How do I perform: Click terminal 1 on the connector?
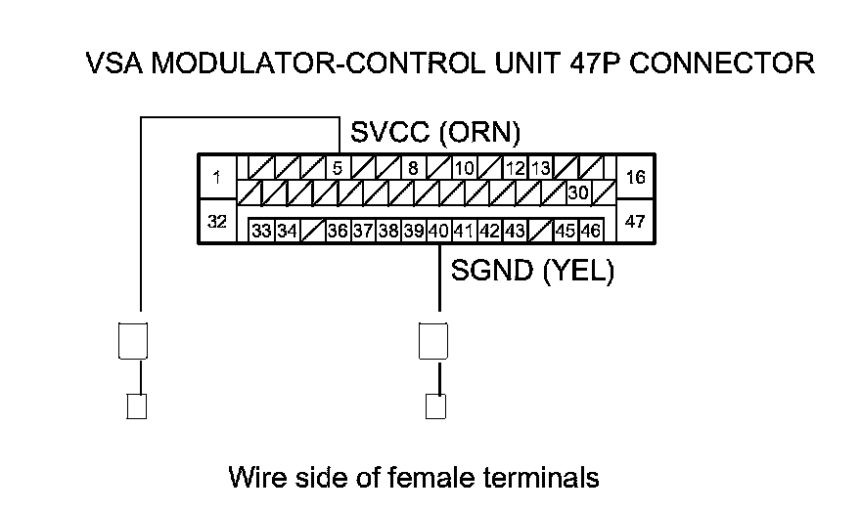[x=216, y=177]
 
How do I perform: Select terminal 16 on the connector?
[x=635, y=177]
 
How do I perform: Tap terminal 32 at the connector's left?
[x=216, y=222]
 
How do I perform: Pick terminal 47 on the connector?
[x=635, y=222]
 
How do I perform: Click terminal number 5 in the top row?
[x=338, y=167]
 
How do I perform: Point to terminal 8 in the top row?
[x=414, y=167]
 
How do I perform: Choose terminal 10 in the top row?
[x=464, y=167]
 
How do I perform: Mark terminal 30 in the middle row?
[x=577, y=192]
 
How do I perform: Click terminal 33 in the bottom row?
[x=261, y=231]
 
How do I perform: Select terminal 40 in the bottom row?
[x=438, y=231]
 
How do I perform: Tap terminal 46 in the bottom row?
[x=590, y=231]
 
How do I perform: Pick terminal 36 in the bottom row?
[x=338, y=231]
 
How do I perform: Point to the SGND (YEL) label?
[x=531, y=271]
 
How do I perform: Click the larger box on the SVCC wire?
[x=132, y=341]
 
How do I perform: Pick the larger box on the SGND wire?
[x=433, y=341]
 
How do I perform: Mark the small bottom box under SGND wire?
[x=437, y=405]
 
